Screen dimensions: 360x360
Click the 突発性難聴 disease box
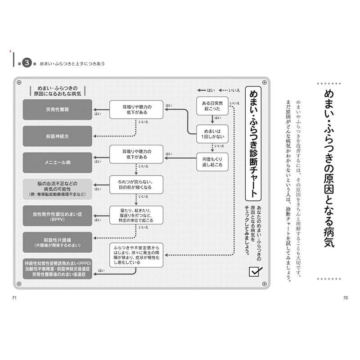tap(57, 109)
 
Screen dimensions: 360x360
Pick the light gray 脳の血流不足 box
tap(57, 189)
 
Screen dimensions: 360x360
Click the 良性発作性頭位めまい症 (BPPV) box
tap(57, 216)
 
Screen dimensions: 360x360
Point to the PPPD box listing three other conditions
tap(57, 268)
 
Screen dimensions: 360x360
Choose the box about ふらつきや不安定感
tap(137, 255)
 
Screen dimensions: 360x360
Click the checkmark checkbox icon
tap(255, 271)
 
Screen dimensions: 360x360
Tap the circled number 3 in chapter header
tap(27, 64)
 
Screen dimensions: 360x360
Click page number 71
tap(14, 298)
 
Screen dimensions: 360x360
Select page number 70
tap(345, 298)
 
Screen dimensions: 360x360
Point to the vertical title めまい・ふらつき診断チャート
tap(253, 144)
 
